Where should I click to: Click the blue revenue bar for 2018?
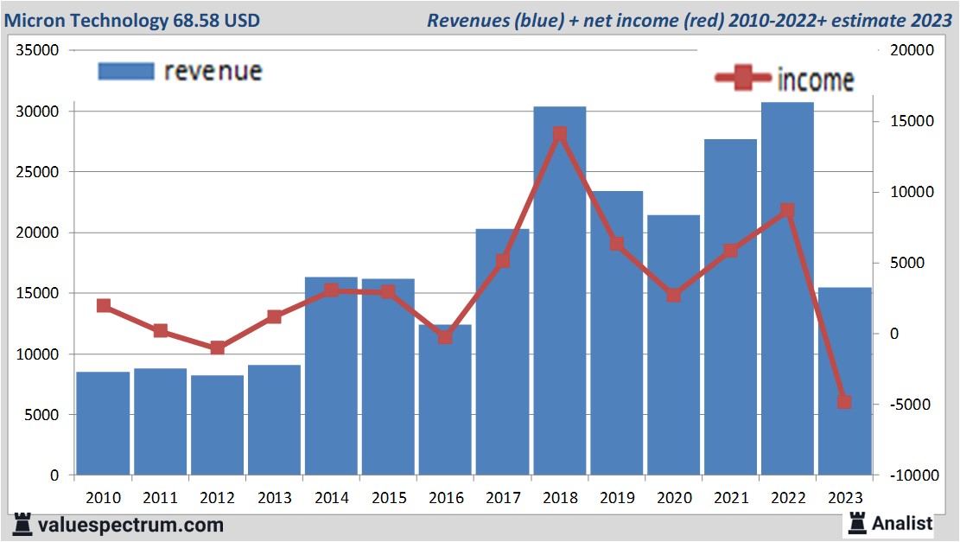(x=559, y=294)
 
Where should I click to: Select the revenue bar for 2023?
(x=844, y=380)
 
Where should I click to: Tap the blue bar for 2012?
(x=217, y=424)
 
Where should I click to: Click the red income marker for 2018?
(x=559, y=134)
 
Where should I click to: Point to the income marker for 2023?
(x=844, y=402)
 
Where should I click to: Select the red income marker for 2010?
(x=104, y=305)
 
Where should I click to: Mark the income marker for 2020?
(x=673, y=296)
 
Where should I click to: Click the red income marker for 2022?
(x=787, y=210)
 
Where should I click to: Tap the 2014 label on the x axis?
(x=331, y=498)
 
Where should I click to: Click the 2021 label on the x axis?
(x=730, y=498)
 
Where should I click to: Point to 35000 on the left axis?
(x=37, y=50)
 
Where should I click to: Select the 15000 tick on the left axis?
(x=37, y=293)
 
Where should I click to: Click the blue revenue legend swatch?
(x=126, y=71)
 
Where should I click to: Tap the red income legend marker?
(x=743, y=79)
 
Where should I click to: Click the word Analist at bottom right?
(x=902, y=523)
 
